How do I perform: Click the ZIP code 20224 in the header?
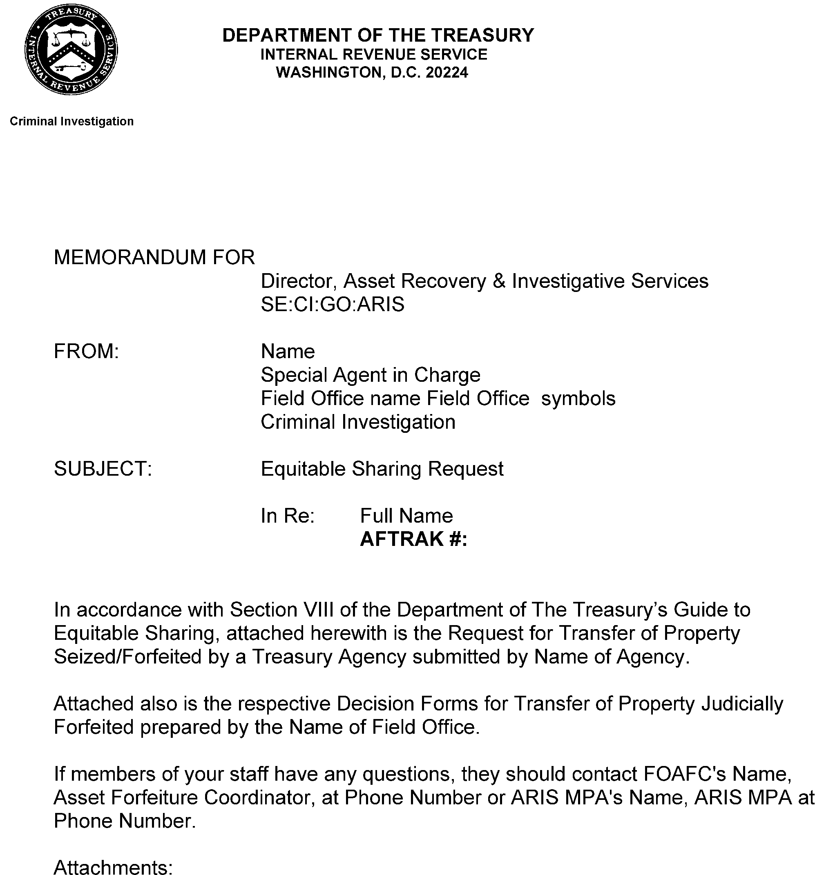click(x=447, y=72)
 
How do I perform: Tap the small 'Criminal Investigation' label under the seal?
click(x=71, y=122)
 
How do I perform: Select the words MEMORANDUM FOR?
click(x=154, y=258)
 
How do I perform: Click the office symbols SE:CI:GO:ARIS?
click(x=333, y=305)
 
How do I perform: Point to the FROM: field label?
click(x=86, y=352)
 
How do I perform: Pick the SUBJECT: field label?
click(x=103, y=469)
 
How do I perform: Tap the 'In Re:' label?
click(x=288, y=516)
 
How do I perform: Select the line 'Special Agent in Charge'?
click(x=370, y=375)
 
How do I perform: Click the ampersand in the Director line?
click(x=499, y=281)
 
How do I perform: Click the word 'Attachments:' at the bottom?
click(x=113, y=867)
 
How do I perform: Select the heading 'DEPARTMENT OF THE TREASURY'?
click(x=378, y=35)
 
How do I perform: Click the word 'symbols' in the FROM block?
click(x=578, y=399)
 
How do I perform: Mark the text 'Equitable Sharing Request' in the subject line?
click(x=382, y=469)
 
